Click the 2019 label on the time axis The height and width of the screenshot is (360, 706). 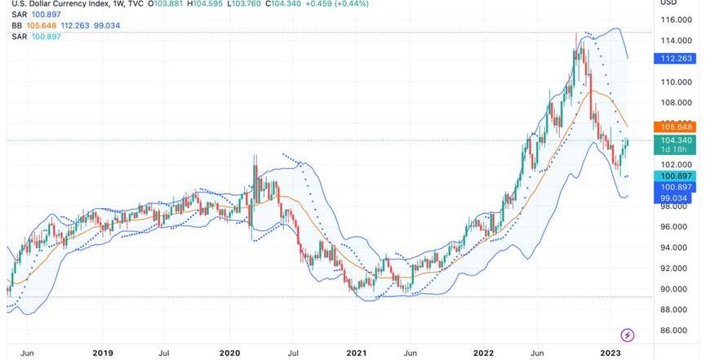click(x=102, y=353)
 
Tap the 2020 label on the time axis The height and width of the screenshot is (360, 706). click(x=229, y=353)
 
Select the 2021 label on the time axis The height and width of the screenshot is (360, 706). click(x=357, y=353)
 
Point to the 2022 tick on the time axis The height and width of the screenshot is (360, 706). click(x=484, y=353)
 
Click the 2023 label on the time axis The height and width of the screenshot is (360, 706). click(x=611, y=353)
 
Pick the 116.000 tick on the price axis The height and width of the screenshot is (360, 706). click(x=677, y=20)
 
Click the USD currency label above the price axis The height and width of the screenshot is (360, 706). click(x=668, y=2)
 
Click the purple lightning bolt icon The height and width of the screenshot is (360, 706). click(x=628, y=335)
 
